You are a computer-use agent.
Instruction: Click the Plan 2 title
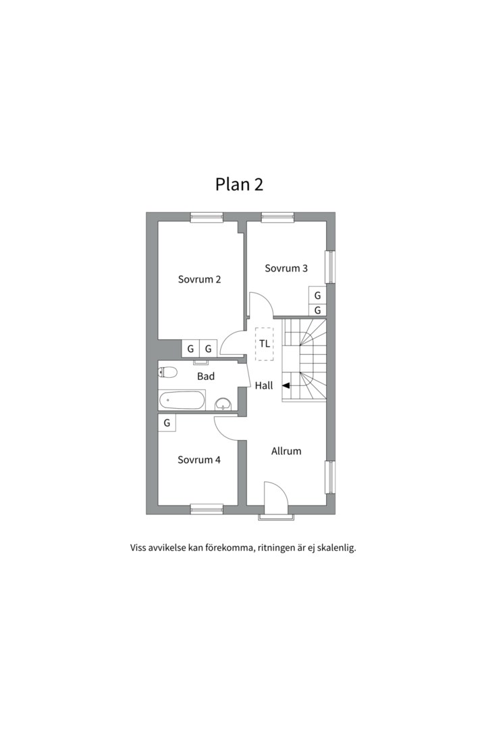pyautogui.click(x=239, y=185)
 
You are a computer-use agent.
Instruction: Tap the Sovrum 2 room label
pyautogui.click(x=199, y=279)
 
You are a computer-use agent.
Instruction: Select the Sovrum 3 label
pyautogui.click(x=286, y=268)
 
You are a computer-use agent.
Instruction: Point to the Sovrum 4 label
pyautogui.click(x=199, y=460)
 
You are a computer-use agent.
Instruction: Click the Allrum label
pyautogui.click(x=286, y=451)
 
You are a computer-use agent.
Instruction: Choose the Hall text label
pyautogui.click(x=264, y=385)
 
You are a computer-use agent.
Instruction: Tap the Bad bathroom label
pyautogui.click(x=206, y=376)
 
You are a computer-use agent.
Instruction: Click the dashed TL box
pyautogui.click(x=265, y=343)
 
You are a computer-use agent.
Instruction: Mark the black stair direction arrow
pyautogui.click(x=286, y=385)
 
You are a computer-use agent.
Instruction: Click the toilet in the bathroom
pyautogui.click(x=167, y=372)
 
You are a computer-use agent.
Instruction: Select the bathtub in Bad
pyautogui.click(x=182, y=400)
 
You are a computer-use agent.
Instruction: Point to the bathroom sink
pyautogui.click(x=224, y=404)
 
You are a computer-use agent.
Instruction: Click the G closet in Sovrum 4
pyautogui.click(x=167, y=422)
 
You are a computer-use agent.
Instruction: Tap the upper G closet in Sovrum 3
pyautogui.click(x=318, y=295)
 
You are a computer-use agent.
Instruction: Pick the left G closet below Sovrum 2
pyautogui.click(x=190, y=348)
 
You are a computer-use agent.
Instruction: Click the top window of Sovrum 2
pyautogui.click(x=207, y=217)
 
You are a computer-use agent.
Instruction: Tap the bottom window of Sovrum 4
pyautogui.click(x=207, y=510)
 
